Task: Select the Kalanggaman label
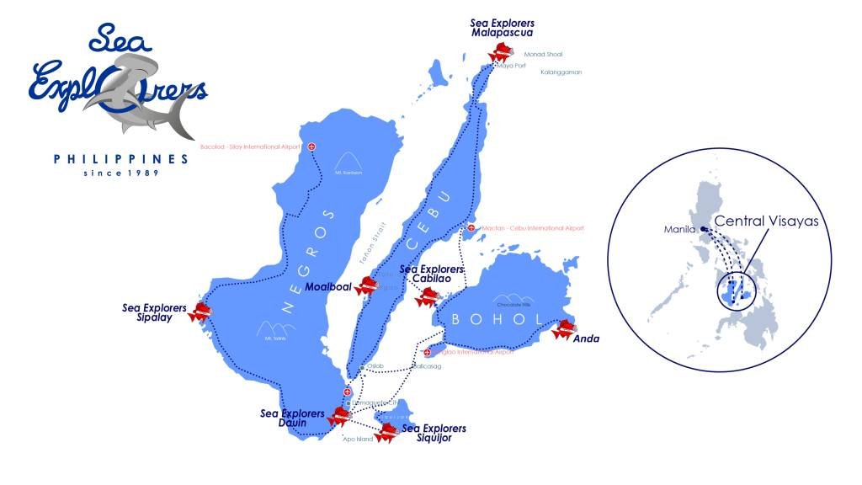(561, 72)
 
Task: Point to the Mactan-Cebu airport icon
(471, 228)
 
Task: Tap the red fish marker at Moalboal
(367, 286)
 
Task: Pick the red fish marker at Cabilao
(425, 297)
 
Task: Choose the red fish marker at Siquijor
(386, 433)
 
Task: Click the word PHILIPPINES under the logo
(120, 158)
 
